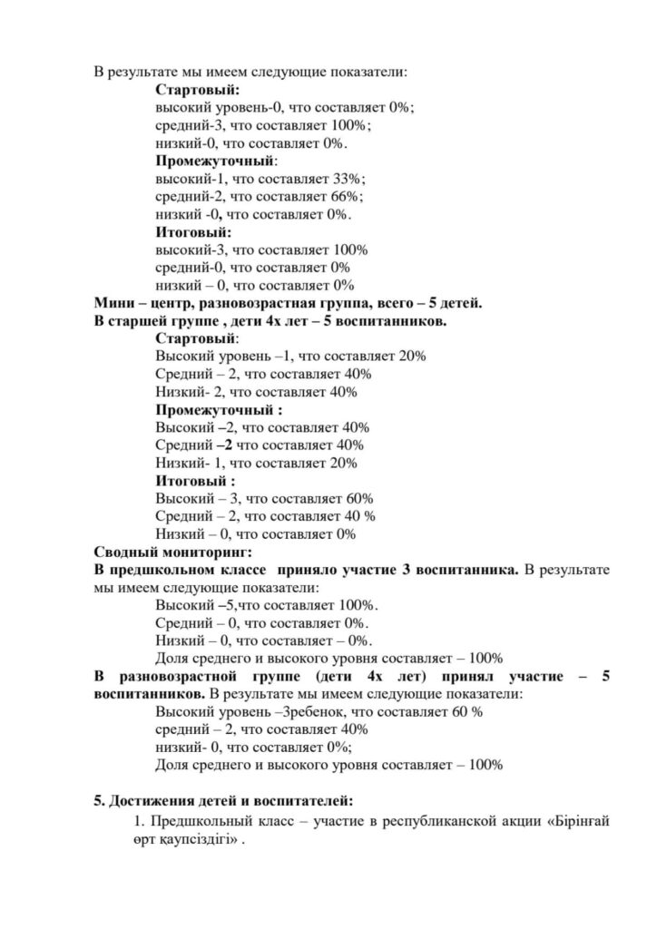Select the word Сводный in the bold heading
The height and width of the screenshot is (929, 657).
coord(127,553)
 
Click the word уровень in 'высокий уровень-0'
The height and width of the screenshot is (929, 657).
coord(233,108)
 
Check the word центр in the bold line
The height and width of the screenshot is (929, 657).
coord(172,303)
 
